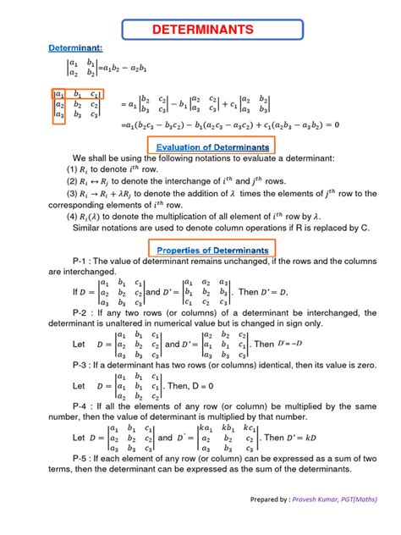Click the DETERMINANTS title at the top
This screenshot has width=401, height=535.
[x=200, y=30]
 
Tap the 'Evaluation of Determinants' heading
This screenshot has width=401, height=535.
[x=213, y=146]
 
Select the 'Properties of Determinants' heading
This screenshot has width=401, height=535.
[x=213, y=251]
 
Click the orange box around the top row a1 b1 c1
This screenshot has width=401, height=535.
[x=78, y=94]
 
